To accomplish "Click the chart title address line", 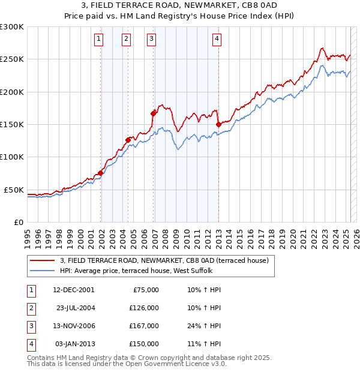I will click(180, 5).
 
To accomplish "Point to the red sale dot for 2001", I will click(100, 173).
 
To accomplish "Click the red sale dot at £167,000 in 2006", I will click(154, 112).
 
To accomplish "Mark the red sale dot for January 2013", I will click(218, 124).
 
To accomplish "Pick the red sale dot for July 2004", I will click(128, 140).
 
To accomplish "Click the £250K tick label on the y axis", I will click(12, 59).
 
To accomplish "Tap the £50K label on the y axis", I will click(14, 190).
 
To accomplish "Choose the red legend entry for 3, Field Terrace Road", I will click(167, 260).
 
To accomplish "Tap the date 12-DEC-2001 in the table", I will click(73, 289).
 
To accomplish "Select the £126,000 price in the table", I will click(143, 308).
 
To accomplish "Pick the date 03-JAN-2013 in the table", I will click(73, 344).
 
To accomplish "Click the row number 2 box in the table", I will click(29, 308).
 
